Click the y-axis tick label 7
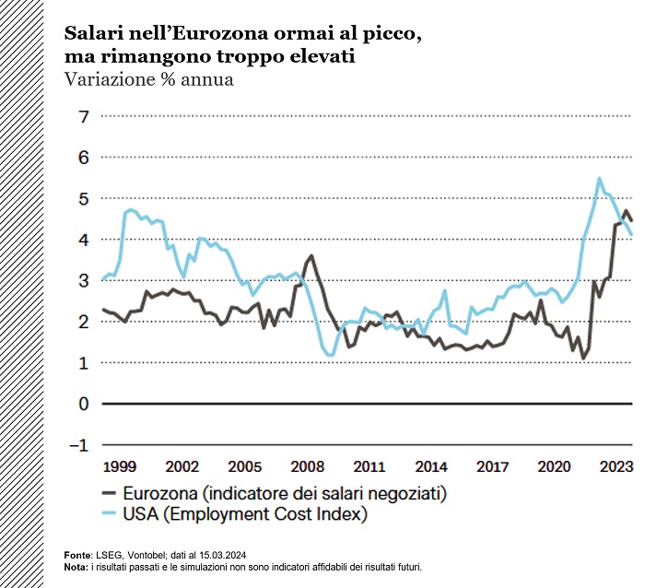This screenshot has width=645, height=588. pos(83,117)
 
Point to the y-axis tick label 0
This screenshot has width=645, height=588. pos(83,404)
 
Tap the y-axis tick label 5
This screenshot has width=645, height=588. pos(83,199)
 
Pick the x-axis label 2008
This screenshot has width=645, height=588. pos(306,466)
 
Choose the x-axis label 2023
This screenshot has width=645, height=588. pos(616,466)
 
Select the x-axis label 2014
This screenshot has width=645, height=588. pos(430,466)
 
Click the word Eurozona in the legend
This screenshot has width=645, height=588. pos(167,493)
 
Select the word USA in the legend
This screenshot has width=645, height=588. pos(149,514)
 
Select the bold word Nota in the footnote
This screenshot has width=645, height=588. pos(76,566)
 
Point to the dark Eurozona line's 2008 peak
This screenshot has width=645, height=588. pos(311,255)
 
